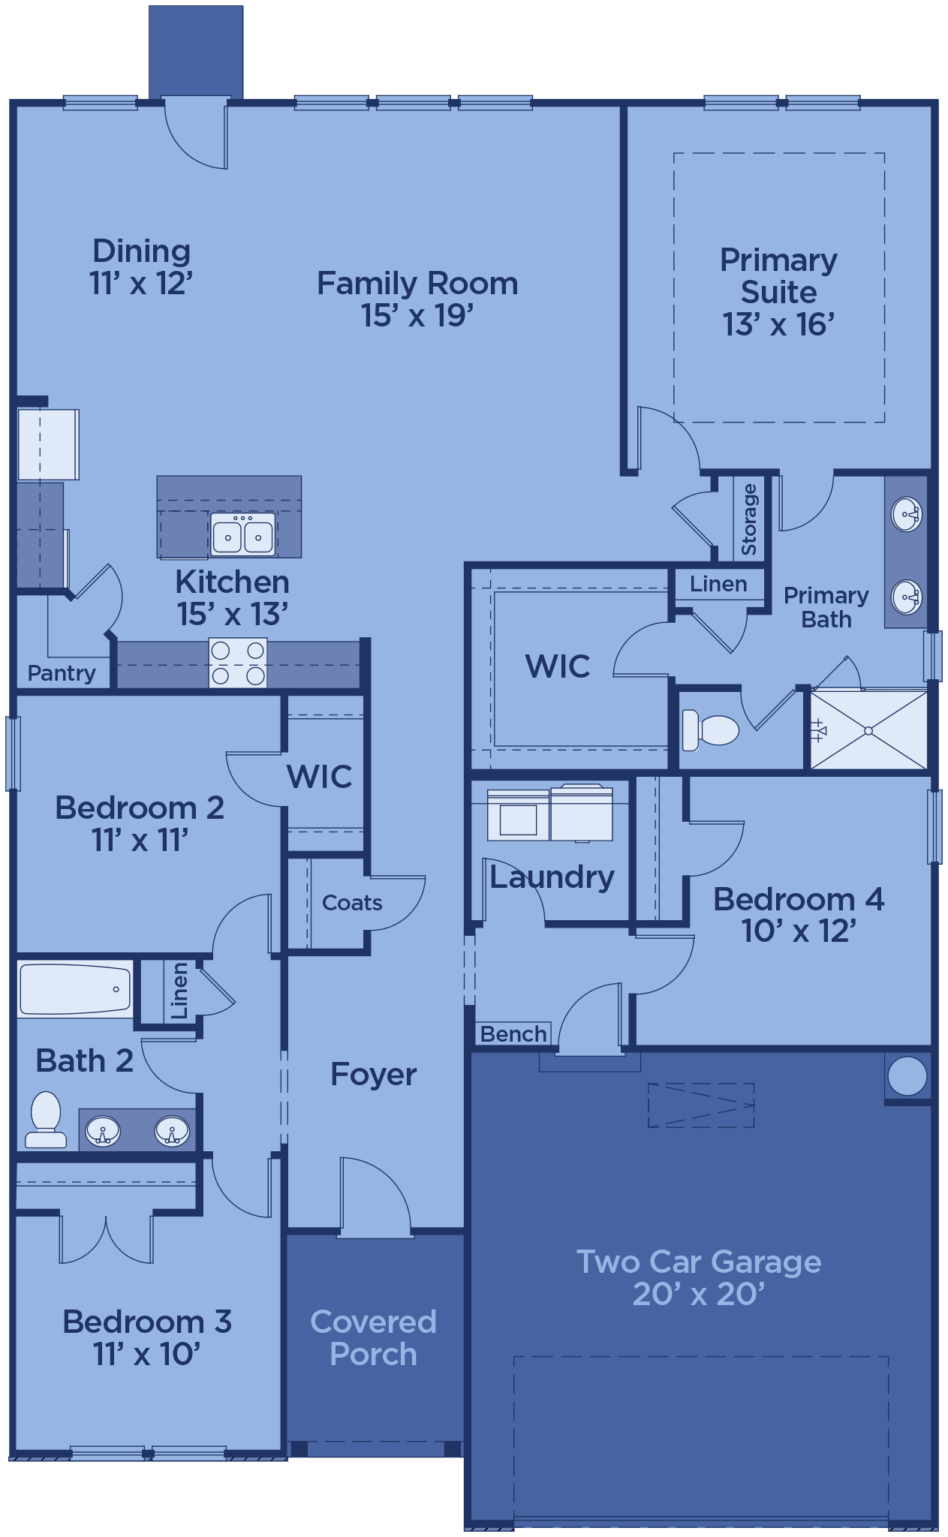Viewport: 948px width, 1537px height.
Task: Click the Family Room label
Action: pyautogui.click(x=417, y=284)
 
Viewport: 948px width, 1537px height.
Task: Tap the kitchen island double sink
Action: pyautogui.click(x=243, y=534)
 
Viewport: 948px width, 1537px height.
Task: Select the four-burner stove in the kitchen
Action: pyautogui.click(x=238, y=663)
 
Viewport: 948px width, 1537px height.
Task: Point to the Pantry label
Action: pyautogui.click(x=62, y=673)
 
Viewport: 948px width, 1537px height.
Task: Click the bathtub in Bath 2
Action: pyautogui.click(x=75, y=989)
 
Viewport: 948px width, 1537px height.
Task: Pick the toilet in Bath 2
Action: pyautogui.click(x=45, y=1120)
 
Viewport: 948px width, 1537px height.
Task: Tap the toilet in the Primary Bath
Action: pyautogui.click(x=710, y=729)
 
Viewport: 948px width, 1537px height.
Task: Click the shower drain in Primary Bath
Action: pyautogui.click(x=868, y=730)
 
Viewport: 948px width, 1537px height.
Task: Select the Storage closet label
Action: pyautogui.click(x=749, y=519)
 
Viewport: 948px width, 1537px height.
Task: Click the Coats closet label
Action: pyautogui.click(x=352, y=902)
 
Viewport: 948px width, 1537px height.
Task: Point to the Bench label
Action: pyautogui.click(x=513, y=1034)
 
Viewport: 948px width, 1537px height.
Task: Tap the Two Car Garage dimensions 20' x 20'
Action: pyautogui.click(x=699, y=1295)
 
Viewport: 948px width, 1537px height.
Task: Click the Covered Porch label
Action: pyautogui.click(x=373, y=1338)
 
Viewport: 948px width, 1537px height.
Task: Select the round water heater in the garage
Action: pyautogui.click(x=907, y=1076)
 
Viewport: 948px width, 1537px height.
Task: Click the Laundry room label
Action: pyautogui.click(x=552, y=878)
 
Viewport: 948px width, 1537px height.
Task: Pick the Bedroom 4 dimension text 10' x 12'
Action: pyautogui.click(x=799, y=931)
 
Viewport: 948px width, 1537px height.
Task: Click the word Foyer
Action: pyautogui.click(x=374, y=1075)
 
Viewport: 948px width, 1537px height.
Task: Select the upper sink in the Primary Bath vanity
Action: pyautogui.click(x=907, y=515)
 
